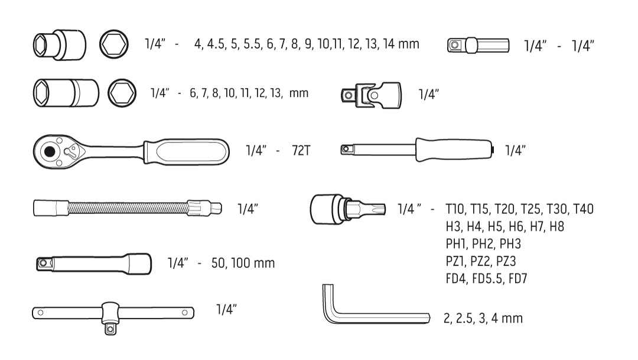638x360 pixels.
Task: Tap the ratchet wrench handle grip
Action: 186,152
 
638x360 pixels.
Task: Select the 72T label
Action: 301,151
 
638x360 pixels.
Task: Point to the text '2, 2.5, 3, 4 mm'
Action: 483,318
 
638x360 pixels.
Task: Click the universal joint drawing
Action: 371,95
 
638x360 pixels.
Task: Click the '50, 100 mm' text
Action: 243,263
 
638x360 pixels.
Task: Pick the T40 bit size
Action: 583,209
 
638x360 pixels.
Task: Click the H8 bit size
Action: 556,226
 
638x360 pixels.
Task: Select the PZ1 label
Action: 455,261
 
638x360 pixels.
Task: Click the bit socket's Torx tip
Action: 376,209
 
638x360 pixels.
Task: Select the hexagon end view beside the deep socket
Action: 122,93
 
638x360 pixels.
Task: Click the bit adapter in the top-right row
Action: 478,45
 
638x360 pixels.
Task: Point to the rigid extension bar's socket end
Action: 140,264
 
